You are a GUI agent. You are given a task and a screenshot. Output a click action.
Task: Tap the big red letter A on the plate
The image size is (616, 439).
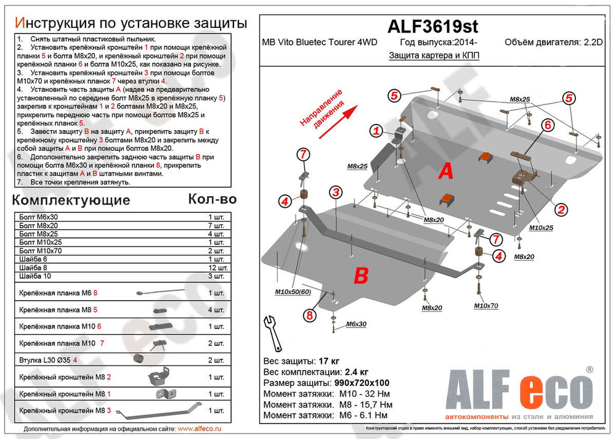[445, 173]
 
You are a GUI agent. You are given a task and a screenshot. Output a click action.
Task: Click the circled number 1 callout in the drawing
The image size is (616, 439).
[375, 130]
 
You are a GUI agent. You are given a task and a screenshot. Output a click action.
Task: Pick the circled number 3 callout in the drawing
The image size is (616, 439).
[335, 193]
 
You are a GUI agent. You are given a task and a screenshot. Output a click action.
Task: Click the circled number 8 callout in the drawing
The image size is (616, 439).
[309, 316]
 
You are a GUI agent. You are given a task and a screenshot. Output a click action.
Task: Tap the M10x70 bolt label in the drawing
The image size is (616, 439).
[486, 305]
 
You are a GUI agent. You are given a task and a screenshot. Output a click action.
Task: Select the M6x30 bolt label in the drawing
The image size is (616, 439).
[355, 324]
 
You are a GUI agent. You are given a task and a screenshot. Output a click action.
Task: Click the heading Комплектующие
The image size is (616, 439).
[71, 200]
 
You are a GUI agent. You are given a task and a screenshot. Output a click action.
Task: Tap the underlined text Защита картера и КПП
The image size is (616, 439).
[434, 55]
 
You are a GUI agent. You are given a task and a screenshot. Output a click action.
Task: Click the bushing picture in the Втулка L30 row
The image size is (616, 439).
[139, 359]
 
